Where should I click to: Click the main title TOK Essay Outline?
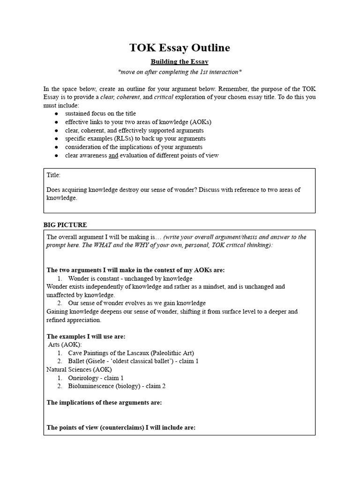click(x=180, y=48)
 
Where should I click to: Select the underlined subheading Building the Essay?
click(x=180, y=62)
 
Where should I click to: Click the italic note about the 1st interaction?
click(x=180, y=72)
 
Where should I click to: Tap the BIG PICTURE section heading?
click(x=65, y=225)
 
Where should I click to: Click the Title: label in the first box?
click(x=53, y=175)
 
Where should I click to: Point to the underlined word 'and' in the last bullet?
click(x=113, y=155)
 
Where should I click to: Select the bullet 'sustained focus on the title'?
click(x=101, y=113)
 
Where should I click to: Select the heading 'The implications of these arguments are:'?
click(x=104, y=402)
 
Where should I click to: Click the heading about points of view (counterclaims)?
click(x=121, y=427)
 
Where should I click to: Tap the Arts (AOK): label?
click(x=65, y=345)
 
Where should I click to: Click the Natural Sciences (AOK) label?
click(x=79, y=369)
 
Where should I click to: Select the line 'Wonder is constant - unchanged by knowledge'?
click(x=124, y=278)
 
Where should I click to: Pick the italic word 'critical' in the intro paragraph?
click(x=164, y=97)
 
